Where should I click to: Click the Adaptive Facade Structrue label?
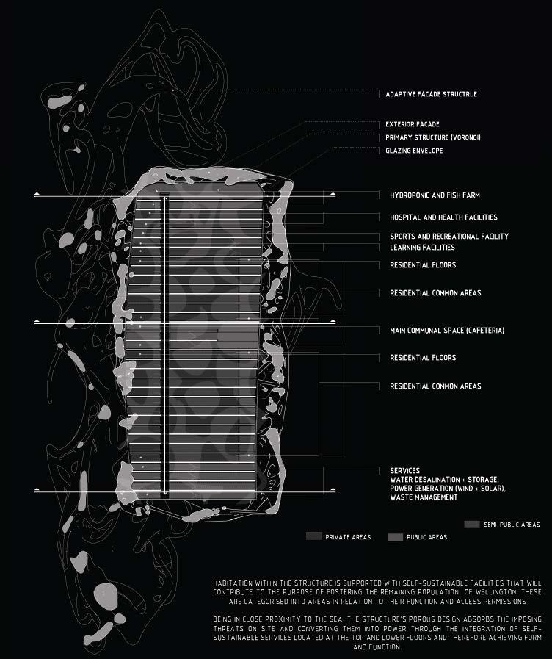coord(431,95)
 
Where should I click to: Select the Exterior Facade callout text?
coord(413,125)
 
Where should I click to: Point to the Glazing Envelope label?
coord(414,151)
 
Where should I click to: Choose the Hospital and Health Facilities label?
coord(443,217)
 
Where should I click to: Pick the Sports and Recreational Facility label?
coord(448,237)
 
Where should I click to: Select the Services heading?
coord(404,471)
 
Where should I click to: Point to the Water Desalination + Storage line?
coord(444,480)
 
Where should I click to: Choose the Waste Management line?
coord(424,497)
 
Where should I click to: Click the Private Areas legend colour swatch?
coord(314,537)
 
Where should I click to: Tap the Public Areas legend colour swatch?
coord(396,537)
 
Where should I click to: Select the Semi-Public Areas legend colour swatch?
coord(472,525)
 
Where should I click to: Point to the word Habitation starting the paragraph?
coord(230,583)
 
